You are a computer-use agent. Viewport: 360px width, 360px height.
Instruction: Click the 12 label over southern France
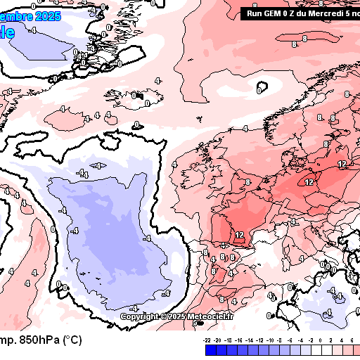[239, 235]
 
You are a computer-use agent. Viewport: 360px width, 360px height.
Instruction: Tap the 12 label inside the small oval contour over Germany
[309, 182]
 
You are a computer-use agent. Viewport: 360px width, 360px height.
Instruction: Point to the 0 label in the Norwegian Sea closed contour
[259, 90]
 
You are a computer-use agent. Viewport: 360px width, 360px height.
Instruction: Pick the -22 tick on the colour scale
[207, 339]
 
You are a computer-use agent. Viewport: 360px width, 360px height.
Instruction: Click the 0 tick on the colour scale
[320, 339]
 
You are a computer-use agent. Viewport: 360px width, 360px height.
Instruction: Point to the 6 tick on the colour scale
[351, 339]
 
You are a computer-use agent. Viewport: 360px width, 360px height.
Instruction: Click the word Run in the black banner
[255, 13]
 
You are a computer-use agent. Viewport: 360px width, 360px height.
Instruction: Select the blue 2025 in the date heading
[47, 15]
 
